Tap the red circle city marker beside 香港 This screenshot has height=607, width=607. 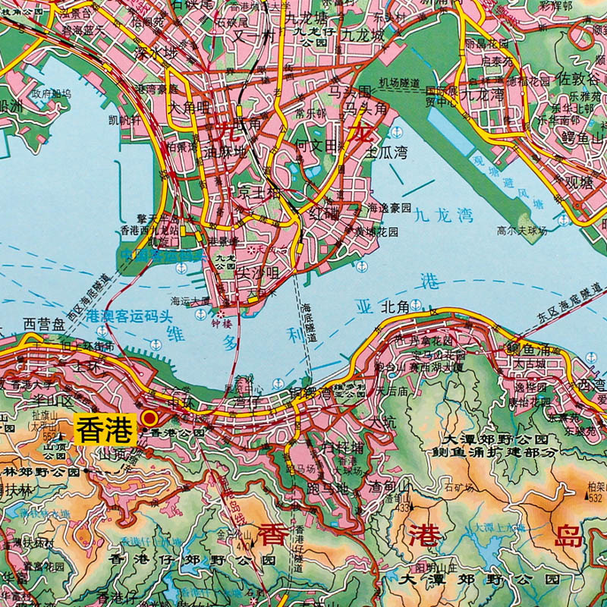150,417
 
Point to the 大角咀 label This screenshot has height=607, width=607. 189,107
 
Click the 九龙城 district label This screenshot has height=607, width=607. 363,35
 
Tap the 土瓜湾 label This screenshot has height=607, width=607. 387,153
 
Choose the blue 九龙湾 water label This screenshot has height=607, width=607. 444,215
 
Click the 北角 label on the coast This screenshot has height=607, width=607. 395,307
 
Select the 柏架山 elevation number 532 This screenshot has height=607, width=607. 594,498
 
